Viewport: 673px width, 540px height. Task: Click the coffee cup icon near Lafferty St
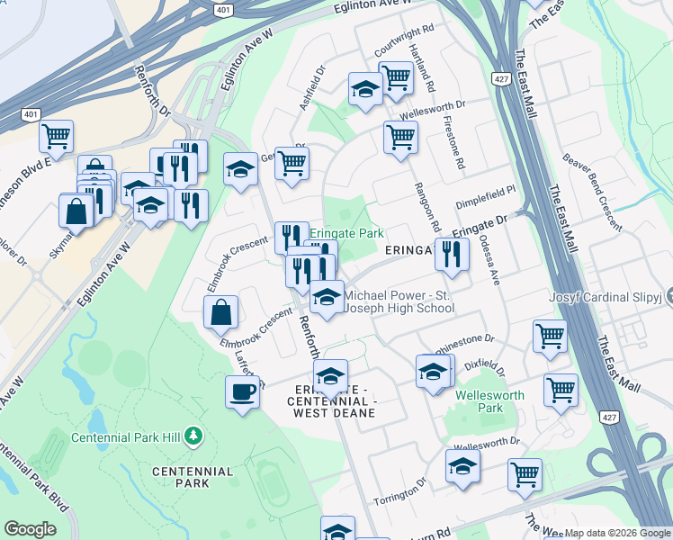pyautogui.click(x=241, y=392)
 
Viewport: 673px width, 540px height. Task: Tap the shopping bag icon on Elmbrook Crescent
pyautogui.click(x=220, y=312)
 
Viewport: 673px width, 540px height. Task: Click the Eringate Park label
pyautogui.click(x=346, y=233)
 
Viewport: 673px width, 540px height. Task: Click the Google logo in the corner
pyautogui.click(x=30, y=529)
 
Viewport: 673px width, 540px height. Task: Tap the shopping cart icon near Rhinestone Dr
pyautogui.click(x=549, y=337)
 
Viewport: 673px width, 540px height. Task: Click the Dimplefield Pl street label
pyautogui.click(x=486, y=191)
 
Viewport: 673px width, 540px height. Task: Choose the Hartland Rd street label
pyautogui.click(x=422, y=69)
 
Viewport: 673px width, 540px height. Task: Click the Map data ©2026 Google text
pyautogui.click(x=617, y=533)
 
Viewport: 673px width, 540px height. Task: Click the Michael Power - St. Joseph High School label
pyautogui.click(x=399, y=301)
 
